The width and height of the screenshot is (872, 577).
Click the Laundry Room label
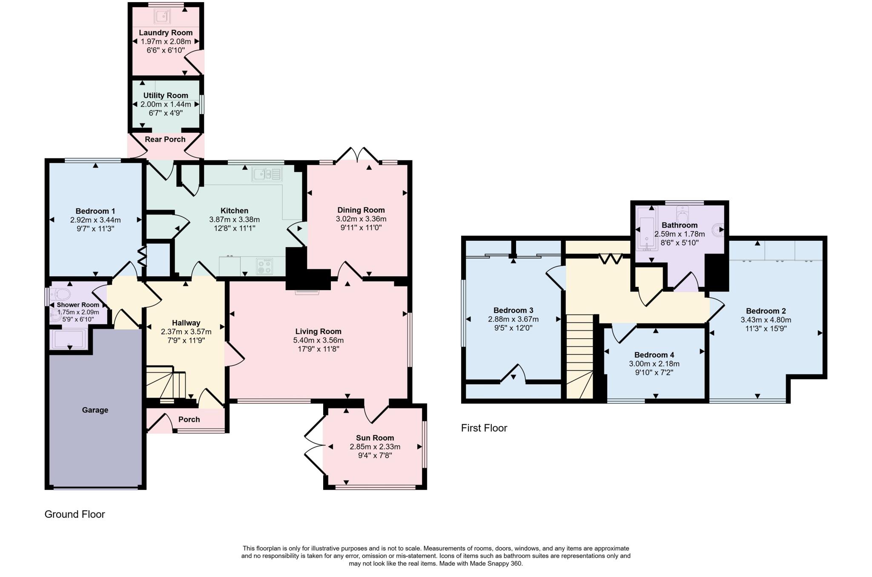click(x=166, y=33)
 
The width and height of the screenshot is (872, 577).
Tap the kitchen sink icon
click(x=267, y=174)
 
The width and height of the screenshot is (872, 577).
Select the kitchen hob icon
click(x=264, y=267)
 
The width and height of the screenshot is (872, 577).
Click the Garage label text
click(x=95, y=410)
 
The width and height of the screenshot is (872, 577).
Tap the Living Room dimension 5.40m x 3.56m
click(x=318, y=340)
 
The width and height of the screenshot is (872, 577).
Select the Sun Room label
click(x=375, y=438)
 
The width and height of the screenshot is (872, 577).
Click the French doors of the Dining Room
click(x=357, y=155)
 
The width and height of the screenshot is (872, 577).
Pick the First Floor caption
click(x=484, y=428)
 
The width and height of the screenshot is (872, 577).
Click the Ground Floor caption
click(x=75, y=514)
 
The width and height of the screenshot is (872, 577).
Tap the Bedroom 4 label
click(x=654, y=355)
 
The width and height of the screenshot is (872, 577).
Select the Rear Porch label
click(x=165, y=140)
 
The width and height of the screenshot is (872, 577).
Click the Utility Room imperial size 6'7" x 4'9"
click(x=166, y=113)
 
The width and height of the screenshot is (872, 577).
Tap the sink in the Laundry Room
click(x=162, y=16)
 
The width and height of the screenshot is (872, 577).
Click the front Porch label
click(x=189, y=420)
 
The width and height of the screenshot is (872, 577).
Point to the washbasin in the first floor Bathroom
click(x=720, y=229)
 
